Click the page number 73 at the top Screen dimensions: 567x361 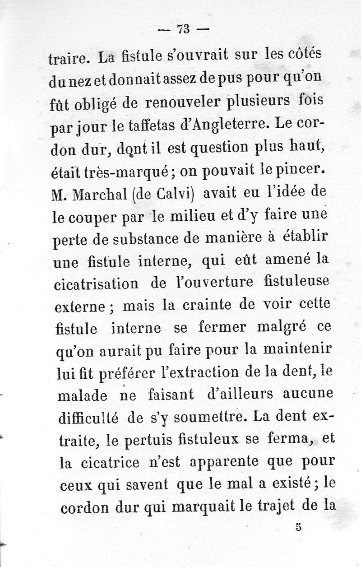[x=183, y=29]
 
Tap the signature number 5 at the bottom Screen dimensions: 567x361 [x=298, y=526]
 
